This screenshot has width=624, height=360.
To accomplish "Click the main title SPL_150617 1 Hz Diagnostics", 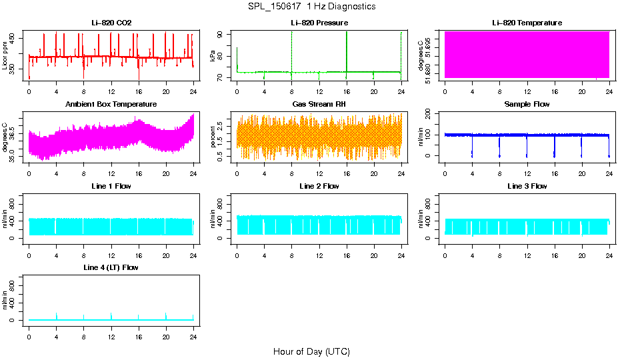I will tap(311, 7).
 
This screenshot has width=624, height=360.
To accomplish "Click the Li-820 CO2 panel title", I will tap(111, 23).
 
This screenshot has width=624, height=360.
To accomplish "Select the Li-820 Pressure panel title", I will tap(319, 23).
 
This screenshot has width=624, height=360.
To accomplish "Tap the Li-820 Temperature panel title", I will tap(527, 23).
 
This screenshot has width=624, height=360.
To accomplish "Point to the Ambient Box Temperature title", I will tap(111, 104).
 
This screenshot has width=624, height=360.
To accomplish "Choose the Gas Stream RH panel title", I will tap(319, 104).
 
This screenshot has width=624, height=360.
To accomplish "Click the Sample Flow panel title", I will tap(527, 104).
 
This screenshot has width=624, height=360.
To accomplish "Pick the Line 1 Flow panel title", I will tap(111, 186).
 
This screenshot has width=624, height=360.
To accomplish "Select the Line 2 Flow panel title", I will tap(319, 186).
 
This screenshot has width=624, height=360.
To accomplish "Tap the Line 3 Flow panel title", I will tap(527, 186).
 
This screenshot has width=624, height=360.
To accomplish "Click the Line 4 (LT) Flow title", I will tap(111, 267).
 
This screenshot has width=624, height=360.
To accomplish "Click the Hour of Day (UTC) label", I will tap(311, 351).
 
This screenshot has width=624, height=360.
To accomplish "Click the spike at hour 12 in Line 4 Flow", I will tap(111, 315).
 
